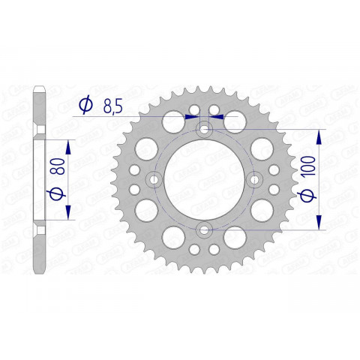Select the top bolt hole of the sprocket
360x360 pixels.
coord(205,130)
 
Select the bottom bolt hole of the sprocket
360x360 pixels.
coord(205,229)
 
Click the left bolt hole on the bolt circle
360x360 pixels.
coord(155,179)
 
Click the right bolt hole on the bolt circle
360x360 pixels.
coord(254,179)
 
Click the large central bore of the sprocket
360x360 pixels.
coord(205,179)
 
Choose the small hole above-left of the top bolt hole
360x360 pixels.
coord(193,111)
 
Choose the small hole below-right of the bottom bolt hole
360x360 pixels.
coord(216,247)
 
